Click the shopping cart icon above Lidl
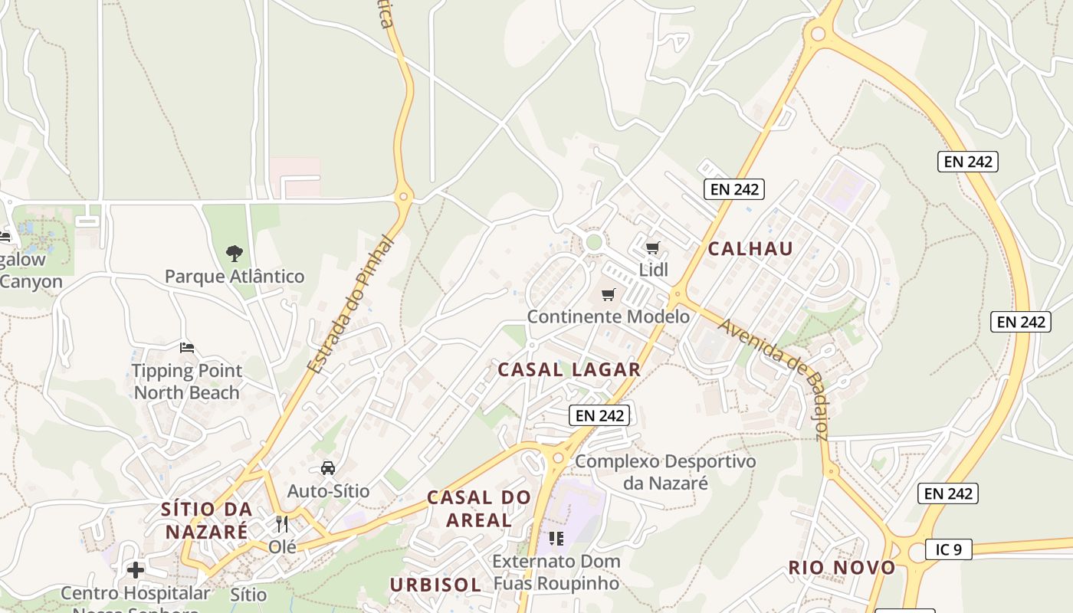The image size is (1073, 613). (x=652, y=247)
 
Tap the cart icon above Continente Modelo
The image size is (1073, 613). (x=609, y=294)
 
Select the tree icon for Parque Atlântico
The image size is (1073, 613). (x=235, y=253)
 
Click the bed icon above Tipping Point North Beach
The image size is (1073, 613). (x=186, y=348)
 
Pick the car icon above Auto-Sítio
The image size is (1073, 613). (x=328, y=467)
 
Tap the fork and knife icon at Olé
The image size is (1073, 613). (x=282, y=524)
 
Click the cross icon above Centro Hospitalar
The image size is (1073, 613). (x=136, y=570)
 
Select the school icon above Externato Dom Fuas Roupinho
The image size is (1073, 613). (x=556, y=538)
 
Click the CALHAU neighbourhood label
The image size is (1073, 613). (x=750, y=248)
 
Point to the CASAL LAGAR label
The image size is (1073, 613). (x=569, y=369)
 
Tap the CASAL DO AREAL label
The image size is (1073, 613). (x=479, y=508)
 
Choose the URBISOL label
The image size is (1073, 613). (x=435, y=585)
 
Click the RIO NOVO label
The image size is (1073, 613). (x=842, y=568)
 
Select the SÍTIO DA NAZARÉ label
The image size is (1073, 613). (x=206, y=520)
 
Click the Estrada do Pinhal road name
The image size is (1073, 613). (x=350, y=305)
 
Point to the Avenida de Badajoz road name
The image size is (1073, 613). (x=774, y=379)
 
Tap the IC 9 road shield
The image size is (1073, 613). (x=948, y=549)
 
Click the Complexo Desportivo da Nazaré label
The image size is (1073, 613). (x=665, y=472)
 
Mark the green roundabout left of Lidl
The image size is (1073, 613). (x=593, y=243)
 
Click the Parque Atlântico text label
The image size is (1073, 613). (x=235, y=276)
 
